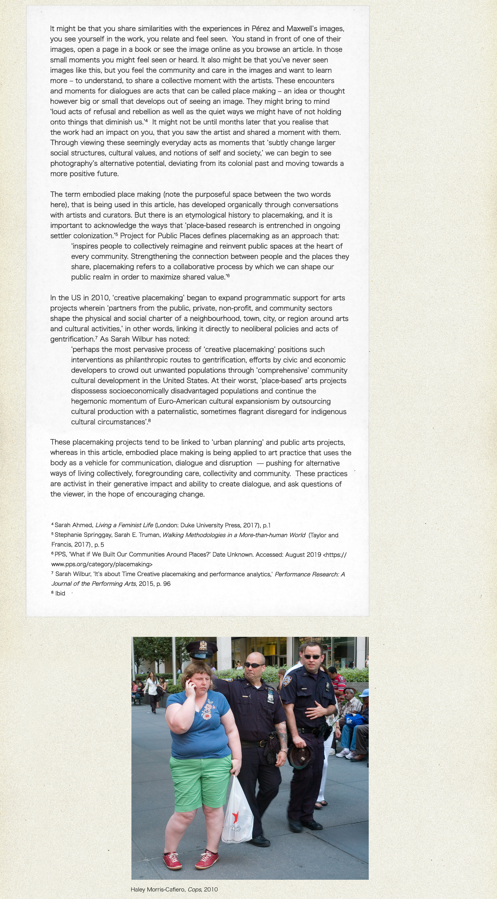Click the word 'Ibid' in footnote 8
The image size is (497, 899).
tap(60, 593)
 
